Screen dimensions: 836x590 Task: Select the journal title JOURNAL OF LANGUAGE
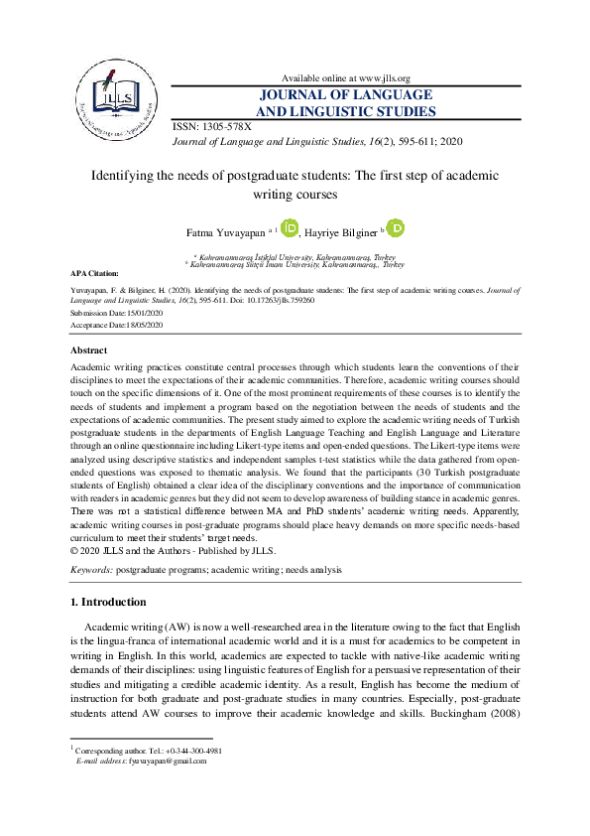[347, 95]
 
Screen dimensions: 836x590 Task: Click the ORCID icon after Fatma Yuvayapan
[290, 229]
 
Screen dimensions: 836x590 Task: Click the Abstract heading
[88, 350]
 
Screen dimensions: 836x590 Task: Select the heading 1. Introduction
[108, 602]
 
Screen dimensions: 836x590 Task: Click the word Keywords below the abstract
[90, 570]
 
